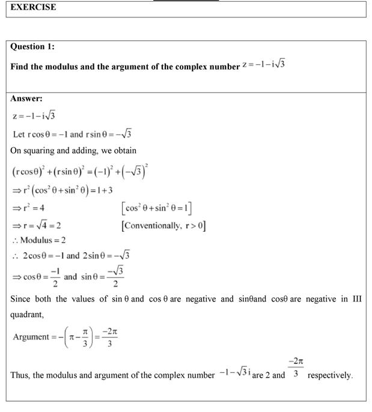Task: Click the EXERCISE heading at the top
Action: [33, 7]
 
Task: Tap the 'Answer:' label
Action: [26, 98]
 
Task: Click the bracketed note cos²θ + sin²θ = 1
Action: [156, 208]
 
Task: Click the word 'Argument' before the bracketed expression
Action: [31, 337]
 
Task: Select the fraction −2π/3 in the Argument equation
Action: [109, 337]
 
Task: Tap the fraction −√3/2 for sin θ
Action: [115, 277]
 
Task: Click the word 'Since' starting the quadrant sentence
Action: [21, 298]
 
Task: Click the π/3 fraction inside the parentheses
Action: [85, 337]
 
